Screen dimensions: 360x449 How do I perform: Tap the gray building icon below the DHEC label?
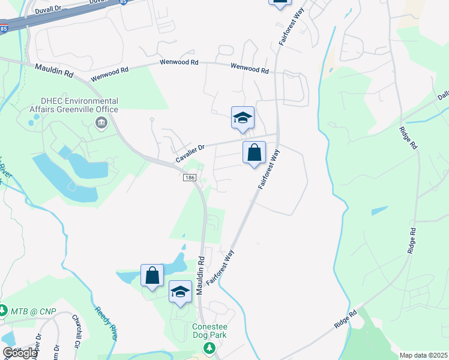pyautogui.click(x=100, y=124)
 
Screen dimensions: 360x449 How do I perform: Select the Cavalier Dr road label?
pyautogui.click(x=190, y=152)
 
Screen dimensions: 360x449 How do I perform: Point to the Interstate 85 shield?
pyautogui.click(x=4, y=28)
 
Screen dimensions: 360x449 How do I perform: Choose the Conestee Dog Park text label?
pyautogui.click(x=209, y=331)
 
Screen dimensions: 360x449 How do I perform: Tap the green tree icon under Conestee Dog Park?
pyautogui.click(x=209, y=348)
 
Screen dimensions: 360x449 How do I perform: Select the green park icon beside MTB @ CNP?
pyautogui.click(x=3, y=311)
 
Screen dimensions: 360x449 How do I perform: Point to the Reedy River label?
pyautogui.click(x=105, y=323)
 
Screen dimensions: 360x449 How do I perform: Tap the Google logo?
pyautogui.click(x=20, y=353)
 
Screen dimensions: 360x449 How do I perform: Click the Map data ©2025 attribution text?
pyautogui.click(x=424, y=355)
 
